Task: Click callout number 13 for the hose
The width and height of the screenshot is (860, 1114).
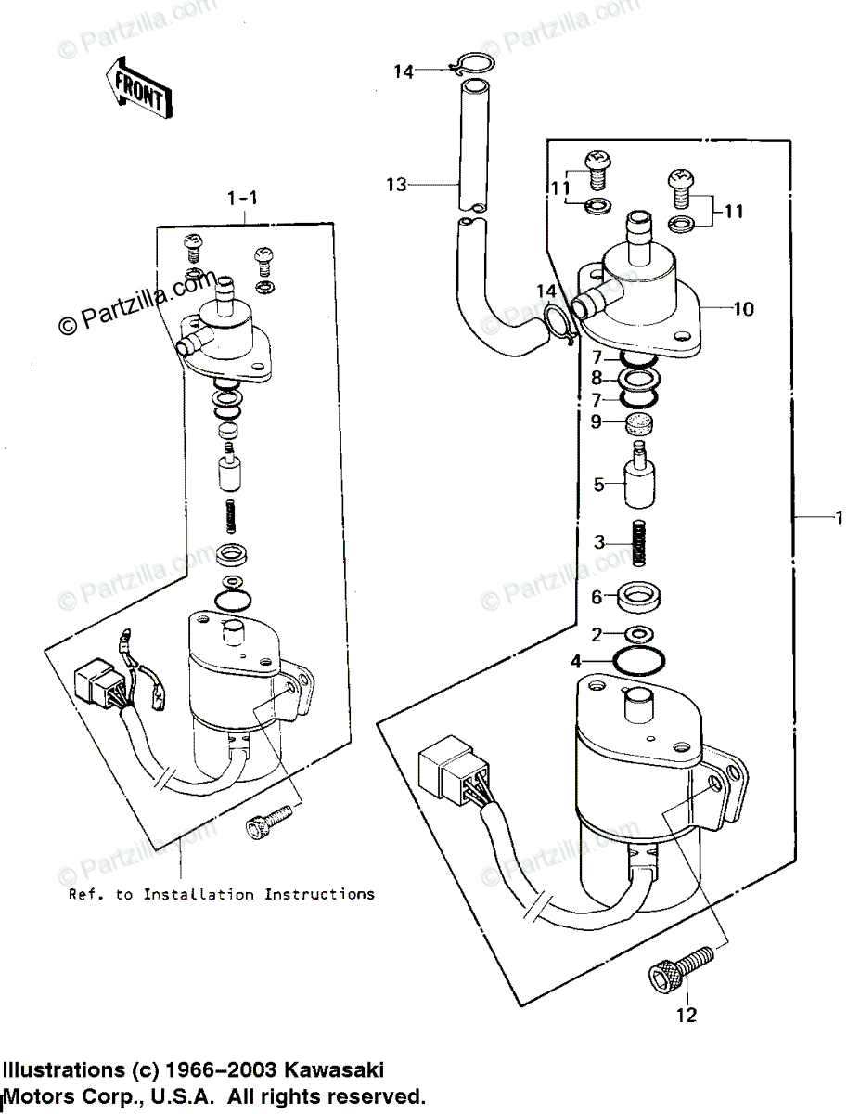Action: coord(396,184)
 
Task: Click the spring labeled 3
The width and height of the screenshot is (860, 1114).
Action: coord(639,543)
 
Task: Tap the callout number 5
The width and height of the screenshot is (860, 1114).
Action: coord(598,484)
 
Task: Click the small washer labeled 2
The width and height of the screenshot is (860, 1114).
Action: coord(639,635)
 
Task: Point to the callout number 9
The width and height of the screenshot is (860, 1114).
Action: coord(596,421)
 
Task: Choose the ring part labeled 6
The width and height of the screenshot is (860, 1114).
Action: coord(639,597)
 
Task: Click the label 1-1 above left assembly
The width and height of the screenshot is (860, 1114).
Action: coord(242,198)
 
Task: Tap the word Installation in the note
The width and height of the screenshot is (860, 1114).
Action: coord(199,895)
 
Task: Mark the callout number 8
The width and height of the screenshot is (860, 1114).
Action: coord(597,379)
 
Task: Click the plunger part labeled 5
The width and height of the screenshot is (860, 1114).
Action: coord(639,474)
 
